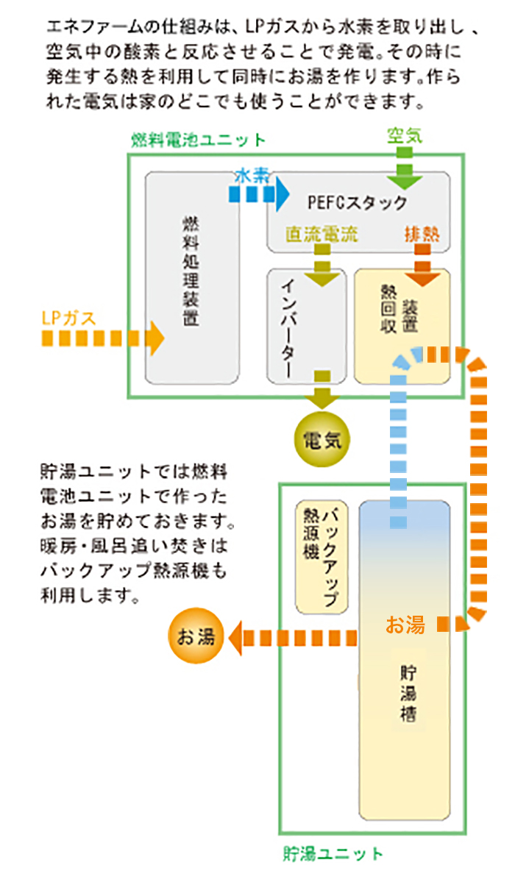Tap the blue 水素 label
252,176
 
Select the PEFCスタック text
357,202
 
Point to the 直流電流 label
322,235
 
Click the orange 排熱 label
422,235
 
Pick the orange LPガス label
68,319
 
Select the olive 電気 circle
322,441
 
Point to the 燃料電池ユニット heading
198,140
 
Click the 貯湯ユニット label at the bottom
333,854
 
